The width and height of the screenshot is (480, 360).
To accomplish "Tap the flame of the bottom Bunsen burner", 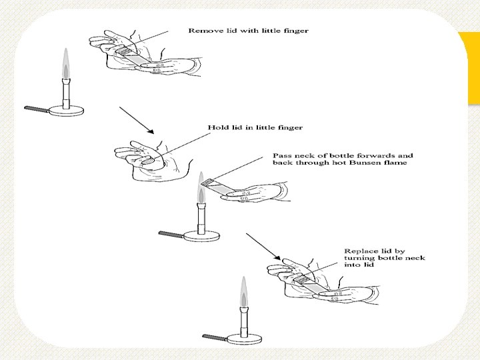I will point(244,291).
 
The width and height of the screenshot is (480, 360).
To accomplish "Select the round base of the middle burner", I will point(201,235).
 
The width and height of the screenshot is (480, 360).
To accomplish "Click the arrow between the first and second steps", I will point(136,119).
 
